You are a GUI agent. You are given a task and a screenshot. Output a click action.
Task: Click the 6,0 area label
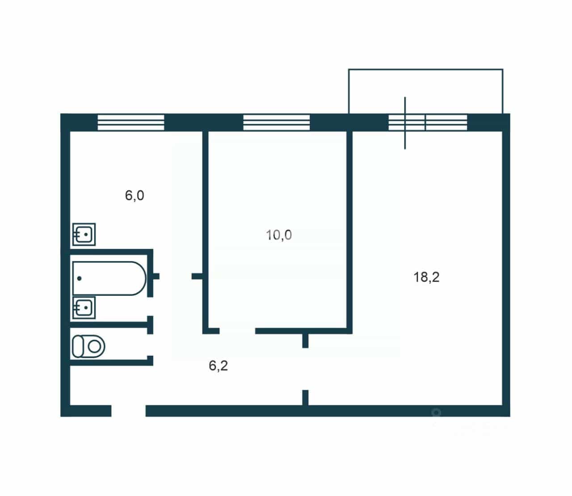[x=135, y=196]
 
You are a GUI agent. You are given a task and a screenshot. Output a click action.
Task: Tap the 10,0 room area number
[x=279, y=235]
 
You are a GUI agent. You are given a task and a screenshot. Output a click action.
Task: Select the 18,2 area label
[x=426, y=277]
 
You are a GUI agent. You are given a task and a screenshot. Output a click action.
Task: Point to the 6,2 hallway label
[x=219, y=366]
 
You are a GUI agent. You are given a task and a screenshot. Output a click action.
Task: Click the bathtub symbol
[x=109, y=278]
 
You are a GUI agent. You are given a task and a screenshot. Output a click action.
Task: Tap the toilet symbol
[x=88, y=347]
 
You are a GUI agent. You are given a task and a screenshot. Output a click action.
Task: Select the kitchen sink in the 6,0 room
[x=84, y=235]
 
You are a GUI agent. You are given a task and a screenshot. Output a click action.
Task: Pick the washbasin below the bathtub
[x=84, y=307]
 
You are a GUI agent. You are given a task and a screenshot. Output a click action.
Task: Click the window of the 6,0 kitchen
[x=131, y=122]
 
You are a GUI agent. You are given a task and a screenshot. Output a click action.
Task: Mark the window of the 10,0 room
[x=277, y=122]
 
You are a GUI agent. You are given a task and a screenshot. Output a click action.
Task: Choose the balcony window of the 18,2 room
[x=428, y=122]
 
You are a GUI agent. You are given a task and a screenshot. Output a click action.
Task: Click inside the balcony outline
[x=425, y=91]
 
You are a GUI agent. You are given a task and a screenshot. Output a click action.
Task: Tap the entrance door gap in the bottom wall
[x=128, y=411]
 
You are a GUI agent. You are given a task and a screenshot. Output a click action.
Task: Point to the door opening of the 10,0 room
[x=237, y=331]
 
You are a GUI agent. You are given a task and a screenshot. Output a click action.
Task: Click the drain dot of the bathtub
[x=80, y=278]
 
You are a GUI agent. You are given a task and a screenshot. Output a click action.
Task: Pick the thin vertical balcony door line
[x=405, y=123]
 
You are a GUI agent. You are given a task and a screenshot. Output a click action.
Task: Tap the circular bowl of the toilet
[x=95, y=347]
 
